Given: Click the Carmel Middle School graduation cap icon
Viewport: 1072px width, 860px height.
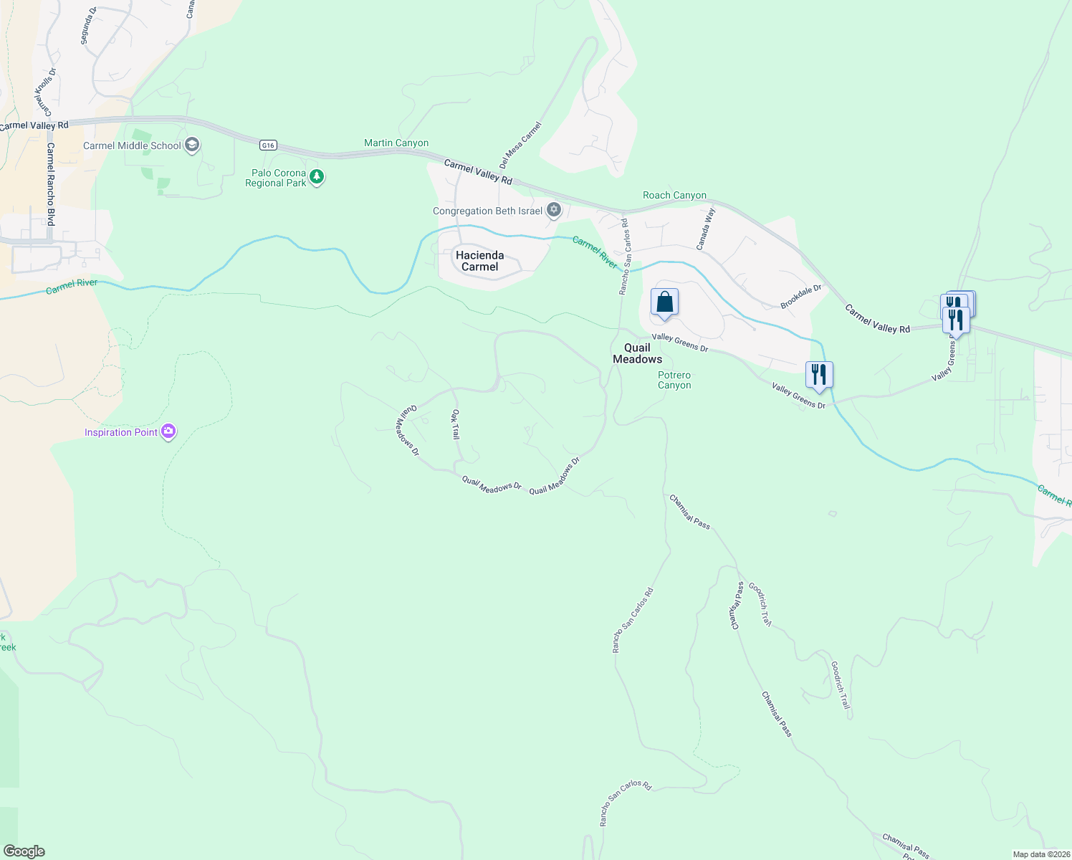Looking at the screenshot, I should (x=191, y=145).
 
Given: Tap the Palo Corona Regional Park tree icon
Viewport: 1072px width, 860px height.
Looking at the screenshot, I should (x=316, y=176).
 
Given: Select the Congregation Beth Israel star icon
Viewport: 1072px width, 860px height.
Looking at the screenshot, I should (x=553, y=210).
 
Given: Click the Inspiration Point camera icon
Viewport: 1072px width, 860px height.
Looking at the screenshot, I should (x=168, y=431).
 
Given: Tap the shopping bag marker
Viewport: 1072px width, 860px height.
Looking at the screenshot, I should (x=664, y=302).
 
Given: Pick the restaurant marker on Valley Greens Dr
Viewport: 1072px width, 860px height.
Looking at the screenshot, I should (x=819, y=374).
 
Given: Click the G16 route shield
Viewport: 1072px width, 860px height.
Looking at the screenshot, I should (x=268, y=145).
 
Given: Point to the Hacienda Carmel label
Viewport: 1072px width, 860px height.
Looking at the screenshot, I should (x=479, y=261).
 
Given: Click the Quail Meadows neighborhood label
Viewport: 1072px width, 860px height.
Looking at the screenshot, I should (x=637, y=353).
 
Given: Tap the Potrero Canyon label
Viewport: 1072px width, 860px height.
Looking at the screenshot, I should (x=674, y=380).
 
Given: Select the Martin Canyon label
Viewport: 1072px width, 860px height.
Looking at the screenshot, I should (x=396, y=143).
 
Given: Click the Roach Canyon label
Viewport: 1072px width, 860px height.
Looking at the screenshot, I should (x=674, y=195).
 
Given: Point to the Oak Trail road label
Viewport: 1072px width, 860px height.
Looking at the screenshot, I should (x=455, y=424).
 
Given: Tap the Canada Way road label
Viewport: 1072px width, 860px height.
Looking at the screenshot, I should (x=706, y=228).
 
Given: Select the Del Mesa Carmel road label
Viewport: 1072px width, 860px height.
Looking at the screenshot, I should (x=520, y=145).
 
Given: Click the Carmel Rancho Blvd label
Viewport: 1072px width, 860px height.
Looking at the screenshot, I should (x=51, y=184).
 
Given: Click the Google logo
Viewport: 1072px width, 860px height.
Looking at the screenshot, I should (x=24, y=851).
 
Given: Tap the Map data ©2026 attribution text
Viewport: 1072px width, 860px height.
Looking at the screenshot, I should (x=1040, y=854).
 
